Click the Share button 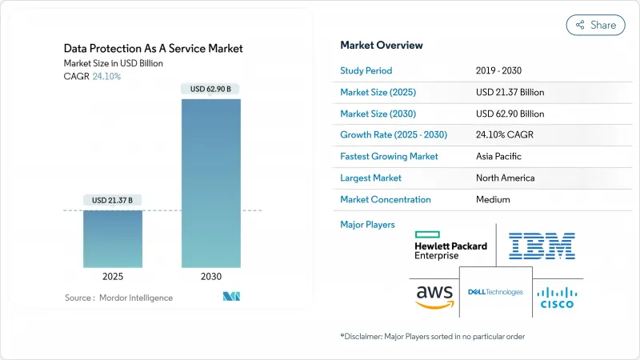(595, 25)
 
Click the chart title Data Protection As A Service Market (154, 49)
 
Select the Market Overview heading (382, 46)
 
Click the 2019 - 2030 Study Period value (504, 70)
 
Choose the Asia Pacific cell (500, 156)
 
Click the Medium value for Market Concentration (493, 199)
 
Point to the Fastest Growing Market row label (390, 156)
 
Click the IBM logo (541, 246)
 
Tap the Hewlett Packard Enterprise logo (451, 246)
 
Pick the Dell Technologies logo (495, 292)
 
